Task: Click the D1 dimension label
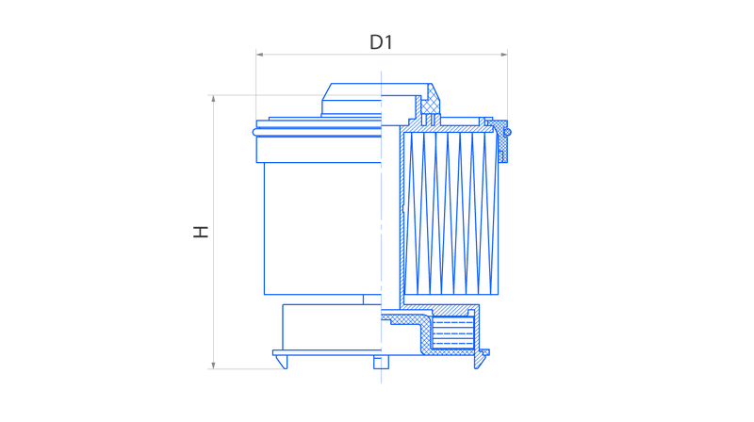[x=381, y=42]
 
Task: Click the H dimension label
[x=201, y=232]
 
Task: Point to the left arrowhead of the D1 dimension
[x=260, y=55]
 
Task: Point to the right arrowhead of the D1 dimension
[x=504, y=55]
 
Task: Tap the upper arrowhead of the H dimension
[x=214, y=99]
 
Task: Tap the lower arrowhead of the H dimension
[x=214, y=365]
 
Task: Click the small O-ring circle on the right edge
[x=507, y=132]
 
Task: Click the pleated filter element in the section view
[x=451, y=213]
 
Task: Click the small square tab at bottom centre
[x=382, y=362]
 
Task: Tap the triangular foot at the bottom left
[x=282, y=362]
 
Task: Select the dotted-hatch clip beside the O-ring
[x=503, y=141]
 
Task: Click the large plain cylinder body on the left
[x=322, y=228]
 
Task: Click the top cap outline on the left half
[x=351, y=100]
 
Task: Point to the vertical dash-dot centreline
[x=382, y=227]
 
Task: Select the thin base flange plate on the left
[x=327, y=353]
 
